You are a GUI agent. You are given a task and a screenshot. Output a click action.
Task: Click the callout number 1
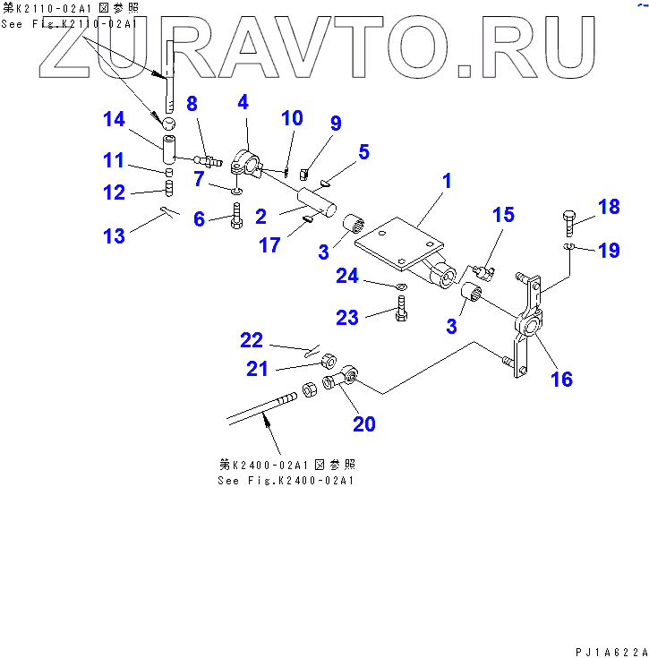446,181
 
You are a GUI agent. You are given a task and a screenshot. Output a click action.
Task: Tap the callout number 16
561,379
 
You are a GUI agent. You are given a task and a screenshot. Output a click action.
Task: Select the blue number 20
363,423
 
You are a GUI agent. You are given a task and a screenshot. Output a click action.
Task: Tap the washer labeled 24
400,286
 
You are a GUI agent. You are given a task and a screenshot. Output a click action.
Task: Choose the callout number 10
292,118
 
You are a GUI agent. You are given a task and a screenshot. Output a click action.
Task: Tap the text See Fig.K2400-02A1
286,481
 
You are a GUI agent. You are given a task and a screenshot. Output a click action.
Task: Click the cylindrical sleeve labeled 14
170,141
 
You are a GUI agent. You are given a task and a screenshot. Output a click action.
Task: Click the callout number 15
503,215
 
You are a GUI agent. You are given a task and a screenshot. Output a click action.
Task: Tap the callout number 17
270,244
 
